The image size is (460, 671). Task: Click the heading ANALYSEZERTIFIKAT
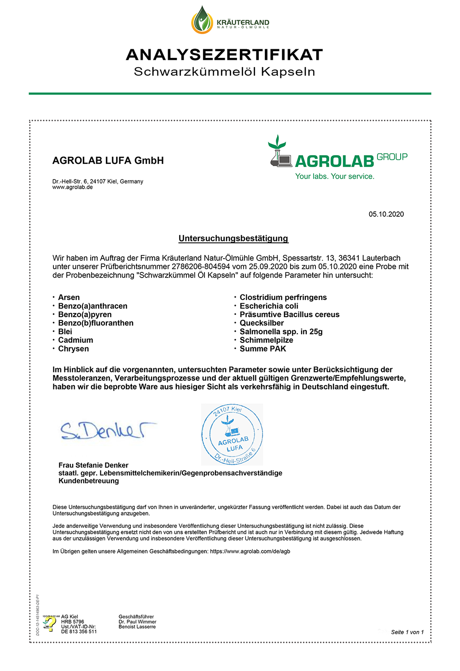(x=225, y=55)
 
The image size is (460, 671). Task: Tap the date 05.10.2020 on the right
(x=386, y=214)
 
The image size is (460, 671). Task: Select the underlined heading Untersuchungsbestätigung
(x=233, y=238)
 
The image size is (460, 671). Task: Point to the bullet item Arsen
(x=69, y=297)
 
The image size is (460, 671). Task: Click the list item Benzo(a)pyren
(x=85, y=314)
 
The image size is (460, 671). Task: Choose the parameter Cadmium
(x=76, y=340)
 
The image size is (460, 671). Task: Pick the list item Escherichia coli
(x=269, y=306)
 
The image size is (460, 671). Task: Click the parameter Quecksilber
(x=262, y=323)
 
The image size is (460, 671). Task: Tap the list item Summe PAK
(x=262, y=349)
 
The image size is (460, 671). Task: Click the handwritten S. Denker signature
(x=108, y=430)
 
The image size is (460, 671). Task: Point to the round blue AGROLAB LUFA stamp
(x=232, y=434)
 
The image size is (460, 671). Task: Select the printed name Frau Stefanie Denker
(x=93, y=465)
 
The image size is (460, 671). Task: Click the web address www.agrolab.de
(x=73, y=187)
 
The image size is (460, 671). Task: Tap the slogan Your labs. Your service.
(x=335, y=176)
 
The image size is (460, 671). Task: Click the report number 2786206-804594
(x=201, y=266)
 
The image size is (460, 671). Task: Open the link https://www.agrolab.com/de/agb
(x=250, y=551)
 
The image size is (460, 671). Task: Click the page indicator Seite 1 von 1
(x=407, y=632)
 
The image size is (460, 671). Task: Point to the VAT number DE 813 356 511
(x=79, y=632)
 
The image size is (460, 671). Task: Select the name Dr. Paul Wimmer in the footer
(x=137, y=622)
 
